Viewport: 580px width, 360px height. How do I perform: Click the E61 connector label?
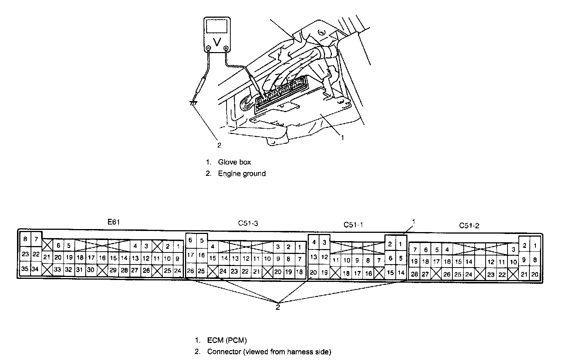[x=114, y=222]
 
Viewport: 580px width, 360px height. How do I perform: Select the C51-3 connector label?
[x=248, y=223]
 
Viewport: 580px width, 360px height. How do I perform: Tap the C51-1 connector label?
[x=353, y=225]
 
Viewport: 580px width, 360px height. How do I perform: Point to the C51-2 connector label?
[x=469, y=225]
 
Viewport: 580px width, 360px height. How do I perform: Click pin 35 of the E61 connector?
[x=25, y=269]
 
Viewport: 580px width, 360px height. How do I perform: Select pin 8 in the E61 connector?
[x=25, y=239]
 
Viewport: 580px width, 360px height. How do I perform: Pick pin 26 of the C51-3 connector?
[x=191, y=271]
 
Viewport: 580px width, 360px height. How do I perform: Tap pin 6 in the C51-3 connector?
[x=191, y=240]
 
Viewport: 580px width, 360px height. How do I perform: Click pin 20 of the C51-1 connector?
[x=313, y=272]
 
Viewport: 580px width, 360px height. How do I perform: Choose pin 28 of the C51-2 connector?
[x=414, y=274]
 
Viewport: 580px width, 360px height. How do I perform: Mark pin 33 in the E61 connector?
[x=57, y=269]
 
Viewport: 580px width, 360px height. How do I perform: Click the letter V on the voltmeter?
[x=217, y=42]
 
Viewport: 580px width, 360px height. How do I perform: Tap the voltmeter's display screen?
[x=217, y=27]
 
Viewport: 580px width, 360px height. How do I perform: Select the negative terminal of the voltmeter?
[x=208, y=48]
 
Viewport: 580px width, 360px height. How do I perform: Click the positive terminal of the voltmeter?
[x=226, y=48]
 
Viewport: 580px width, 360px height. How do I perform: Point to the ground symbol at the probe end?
[x=193, y=103]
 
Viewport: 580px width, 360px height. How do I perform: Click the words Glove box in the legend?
[x=234, y=162]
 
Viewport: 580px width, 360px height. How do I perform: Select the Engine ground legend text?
[x=242, y=174]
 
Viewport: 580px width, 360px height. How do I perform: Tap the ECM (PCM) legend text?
[x=227, y=340]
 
